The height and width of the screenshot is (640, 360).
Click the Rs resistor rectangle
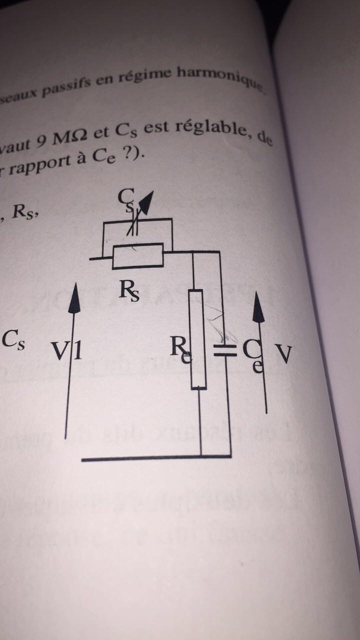[x=138, y=255]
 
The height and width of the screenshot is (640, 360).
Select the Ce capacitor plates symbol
[x=224, y=349]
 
